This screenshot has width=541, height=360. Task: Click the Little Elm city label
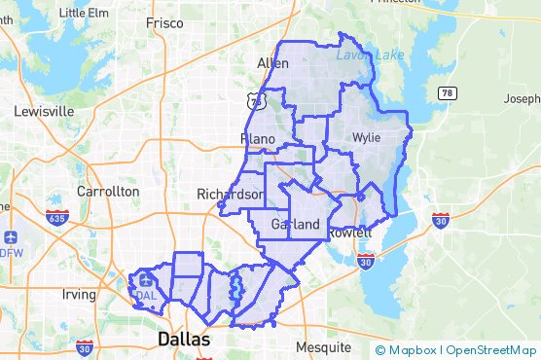tap(85, 13)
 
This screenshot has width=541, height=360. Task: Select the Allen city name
tap(272, 63)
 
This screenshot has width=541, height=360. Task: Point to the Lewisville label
tap(44, 111)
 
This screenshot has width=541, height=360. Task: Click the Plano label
tap(258, 139)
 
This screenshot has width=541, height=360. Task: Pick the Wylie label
tap(367, 137)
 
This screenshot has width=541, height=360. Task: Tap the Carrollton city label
tap(108, 192)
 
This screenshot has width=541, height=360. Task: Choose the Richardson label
tap(231, 194)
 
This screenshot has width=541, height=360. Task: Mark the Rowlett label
tap(350, 234)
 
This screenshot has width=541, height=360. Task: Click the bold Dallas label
tap(183, 340)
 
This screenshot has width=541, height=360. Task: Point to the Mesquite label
tap(322, 347)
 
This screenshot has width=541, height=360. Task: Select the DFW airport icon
tap(11, 238)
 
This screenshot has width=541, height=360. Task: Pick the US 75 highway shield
tap(255, 100)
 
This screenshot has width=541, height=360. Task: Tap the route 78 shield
tap(447, 92)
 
